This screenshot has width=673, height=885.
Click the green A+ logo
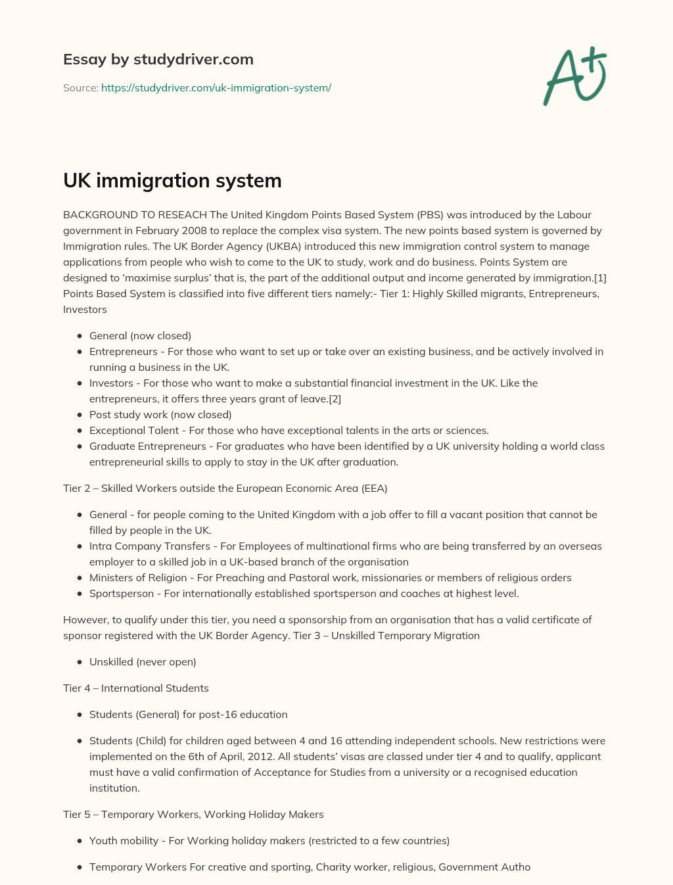coord(575,76)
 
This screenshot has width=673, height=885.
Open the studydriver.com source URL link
coord(216,87)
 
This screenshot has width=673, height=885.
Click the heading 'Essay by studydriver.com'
coord(158,59)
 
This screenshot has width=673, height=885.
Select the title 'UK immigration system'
coord(172,180)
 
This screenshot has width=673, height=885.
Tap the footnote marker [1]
coord(599,277)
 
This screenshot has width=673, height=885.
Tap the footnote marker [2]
coord(334,398)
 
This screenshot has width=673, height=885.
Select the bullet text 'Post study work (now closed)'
coord(160,414)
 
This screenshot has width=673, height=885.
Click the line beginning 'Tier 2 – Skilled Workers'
coord(225,488)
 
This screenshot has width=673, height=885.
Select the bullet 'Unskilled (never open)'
coord(143,661)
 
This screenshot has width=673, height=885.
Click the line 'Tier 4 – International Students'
coord(136,688)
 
